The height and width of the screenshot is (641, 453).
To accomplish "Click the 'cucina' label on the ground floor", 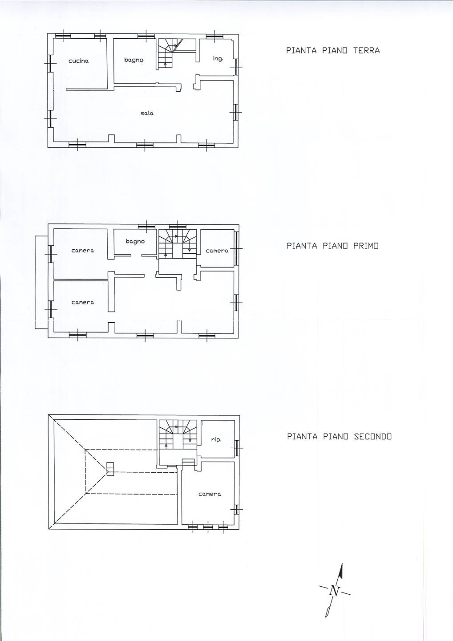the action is tap(78, 61).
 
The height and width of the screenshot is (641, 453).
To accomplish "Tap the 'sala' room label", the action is tap(147, 113).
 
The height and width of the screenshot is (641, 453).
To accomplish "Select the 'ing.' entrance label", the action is tap(218, 59).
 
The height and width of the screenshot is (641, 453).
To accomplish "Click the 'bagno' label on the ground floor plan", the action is tap(133, 60).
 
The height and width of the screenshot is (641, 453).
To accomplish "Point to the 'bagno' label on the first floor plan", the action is tap(135, 241).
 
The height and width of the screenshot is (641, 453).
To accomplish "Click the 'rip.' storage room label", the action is tap(216, 439).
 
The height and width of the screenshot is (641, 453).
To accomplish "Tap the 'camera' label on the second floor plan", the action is tap(210, 494).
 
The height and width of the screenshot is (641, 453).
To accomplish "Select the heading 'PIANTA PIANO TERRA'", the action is tap(333, 50).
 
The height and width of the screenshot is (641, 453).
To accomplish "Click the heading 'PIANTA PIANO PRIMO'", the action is tap(332, 246).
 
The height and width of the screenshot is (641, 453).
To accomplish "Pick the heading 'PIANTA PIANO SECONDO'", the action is tap(339, 436).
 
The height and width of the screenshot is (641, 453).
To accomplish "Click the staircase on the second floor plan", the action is tap(177, 434).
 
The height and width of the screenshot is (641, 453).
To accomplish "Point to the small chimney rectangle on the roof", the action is tap(110, 469).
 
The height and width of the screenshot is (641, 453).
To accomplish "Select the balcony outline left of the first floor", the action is tap(41, 282).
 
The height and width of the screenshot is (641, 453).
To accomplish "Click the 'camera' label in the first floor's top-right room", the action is tap(217, 251).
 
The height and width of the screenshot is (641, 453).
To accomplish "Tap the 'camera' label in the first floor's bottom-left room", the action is tap(83, 302).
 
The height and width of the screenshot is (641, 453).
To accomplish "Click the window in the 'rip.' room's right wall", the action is tap(237, 448).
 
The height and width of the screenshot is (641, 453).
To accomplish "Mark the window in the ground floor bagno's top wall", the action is tap(146, 36).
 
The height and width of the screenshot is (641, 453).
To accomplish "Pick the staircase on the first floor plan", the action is tap(177, 243).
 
